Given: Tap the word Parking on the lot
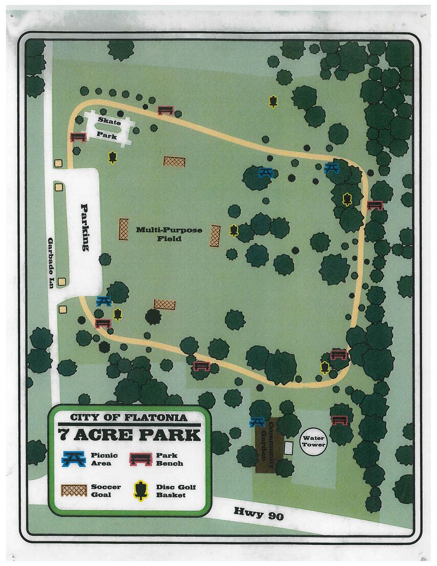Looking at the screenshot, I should (x=85, y=227).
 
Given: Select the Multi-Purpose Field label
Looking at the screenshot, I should (x=169, y=234).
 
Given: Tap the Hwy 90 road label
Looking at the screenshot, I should (x=259, y=513).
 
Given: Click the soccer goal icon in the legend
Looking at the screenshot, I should (x=74, y=491).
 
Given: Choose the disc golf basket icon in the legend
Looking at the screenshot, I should (x=140, y=491).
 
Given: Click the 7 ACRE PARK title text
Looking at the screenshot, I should (x=129, y=434).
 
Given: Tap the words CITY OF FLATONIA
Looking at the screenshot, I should (x=128, y=417).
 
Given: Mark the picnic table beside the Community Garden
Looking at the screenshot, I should (x=257, y=421).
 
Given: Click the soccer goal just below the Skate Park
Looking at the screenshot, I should (x=174, y=161).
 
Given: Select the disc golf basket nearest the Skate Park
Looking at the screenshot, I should (x=112, y=157).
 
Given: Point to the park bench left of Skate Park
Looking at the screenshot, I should (x=77, y=137).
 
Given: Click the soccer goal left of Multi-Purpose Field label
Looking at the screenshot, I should (x=124, y=229).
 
